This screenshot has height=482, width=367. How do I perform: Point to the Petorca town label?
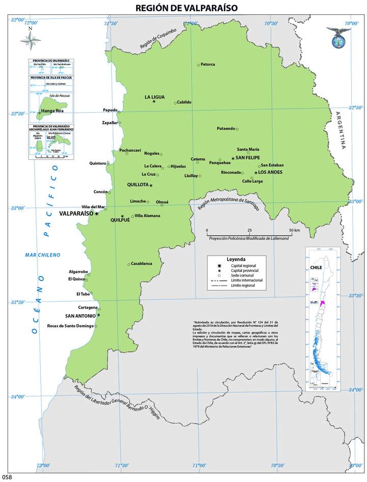208,64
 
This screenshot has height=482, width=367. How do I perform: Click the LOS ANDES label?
270,172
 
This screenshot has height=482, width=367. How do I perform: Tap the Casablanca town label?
142,264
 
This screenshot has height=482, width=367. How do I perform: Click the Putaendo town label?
226,129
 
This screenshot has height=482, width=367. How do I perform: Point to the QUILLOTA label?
137,185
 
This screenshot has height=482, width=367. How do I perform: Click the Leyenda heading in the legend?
236,259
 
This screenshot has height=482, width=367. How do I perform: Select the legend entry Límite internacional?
247,280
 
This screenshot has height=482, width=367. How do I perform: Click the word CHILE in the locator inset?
317,267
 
